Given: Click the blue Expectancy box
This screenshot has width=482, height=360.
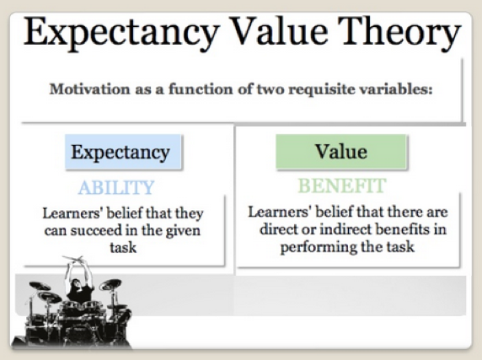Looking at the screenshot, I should [x=120, y=153].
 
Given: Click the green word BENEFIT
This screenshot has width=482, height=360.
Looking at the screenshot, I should [x=341, y=185].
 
